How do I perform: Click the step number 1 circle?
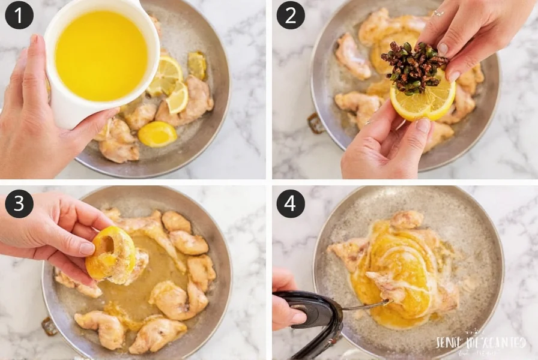click(x=19, y=15)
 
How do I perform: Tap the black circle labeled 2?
click(x=291, y=15)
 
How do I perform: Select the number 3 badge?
click(x=19, y=204)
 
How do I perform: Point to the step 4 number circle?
click(x=291, y=204)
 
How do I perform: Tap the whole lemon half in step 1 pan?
click(x=157, y=134)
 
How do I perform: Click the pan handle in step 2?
click(x=316, y=123)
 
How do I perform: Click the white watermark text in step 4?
click(x=480, y=343)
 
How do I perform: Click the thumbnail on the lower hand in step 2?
click(x=424, y=126)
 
